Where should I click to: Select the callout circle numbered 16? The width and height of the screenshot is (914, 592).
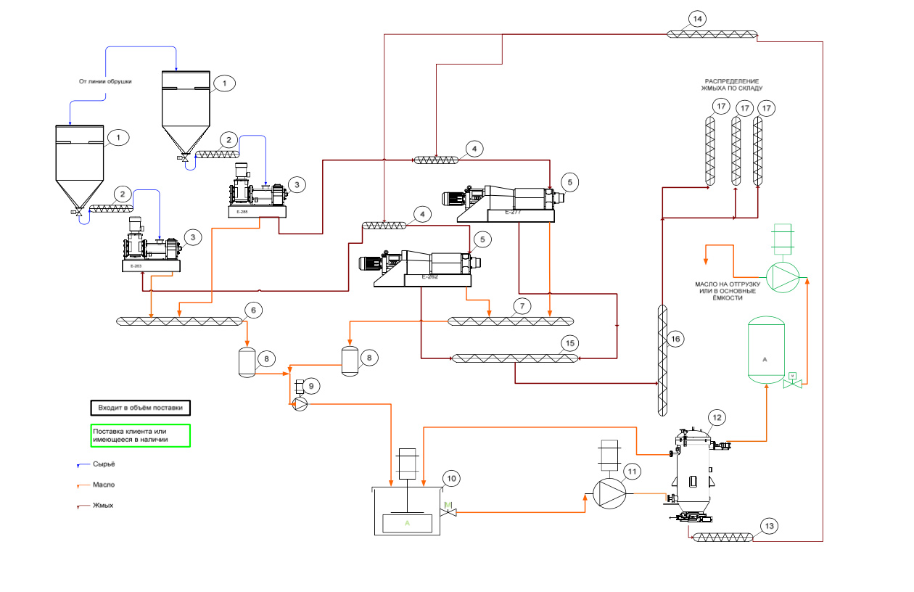click(676, 339)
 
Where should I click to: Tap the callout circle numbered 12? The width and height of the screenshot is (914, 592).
click(717, 417)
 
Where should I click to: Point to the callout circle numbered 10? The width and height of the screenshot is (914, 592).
click(451, 478)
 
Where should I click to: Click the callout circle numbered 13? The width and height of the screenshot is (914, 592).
click(768, 526)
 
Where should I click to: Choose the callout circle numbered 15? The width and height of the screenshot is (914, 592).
click(569, 342)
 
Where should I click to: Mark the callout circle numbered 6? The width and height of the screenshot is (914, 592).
click(252, 310)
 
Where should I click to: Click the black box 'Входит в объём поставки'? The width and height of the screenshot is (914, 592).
click(140, 408)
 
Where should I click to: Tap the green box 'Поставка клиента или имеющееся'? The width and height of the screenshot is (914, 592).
click(140, 435)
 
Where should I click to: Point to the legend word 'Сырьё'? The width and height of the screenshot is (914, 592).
click(103, 464)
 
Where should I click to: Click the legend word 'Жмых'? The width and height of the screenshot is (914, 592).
click(102, 505)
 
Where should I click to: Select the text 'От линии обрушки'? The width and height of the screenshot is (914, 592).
click(105, 81)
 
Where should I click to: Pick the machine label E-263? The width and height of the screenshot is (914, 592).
click(136, 266)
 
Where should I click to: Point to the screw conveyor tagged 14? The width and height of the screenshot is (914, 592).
click(712, 33)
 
